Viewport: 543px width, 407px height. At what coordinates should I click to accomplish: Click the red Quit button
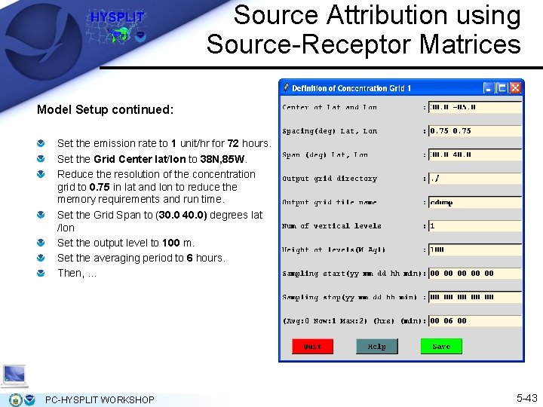coord(312,346)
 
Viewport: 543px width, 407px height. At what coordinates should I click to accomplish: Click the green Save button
coord(441,346)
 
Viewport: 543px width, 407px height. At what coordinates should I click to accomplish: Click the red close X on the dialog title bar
coord(515,88)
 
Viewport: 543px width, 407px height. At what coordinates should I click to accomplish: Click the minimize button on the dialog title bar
coord(489,88)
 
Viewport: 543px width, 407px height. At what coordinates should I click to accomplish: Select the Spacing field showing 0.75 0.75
coord(474,130)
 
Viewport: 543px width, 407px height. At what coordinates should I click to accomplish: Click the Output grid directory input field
coord(474,179)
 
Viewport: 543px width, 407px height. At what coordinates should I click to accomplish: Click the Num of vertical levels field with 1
coord(474,225)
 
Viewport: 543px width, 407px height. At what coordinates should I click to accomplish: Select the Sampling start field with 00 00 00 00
coord(474,273)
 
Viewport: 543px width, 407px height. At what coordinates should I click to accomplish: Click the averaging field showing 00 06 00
coord(474,320)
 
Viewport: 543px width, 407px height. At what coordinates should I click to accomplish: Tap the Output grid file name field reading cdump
coord(474,202)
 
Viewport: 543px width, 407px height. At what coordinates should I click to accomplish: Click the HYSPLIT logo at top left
coord(117,26)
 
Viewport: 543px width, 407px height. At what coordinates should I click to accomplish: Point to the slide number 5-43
coord(526,397)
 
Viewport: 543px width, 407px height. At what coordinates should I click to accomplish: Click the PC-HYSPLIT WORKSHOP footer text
coord(100,399)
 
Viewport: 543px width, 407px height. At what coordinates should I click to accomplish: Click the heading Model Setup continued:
coord(105,110)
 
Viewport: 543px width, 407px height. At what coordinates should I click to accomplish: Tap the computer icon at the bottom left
coord(14,375)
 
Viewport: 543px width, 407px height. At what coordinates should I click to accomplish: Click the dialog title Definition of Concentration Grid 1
coord(351,88)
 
